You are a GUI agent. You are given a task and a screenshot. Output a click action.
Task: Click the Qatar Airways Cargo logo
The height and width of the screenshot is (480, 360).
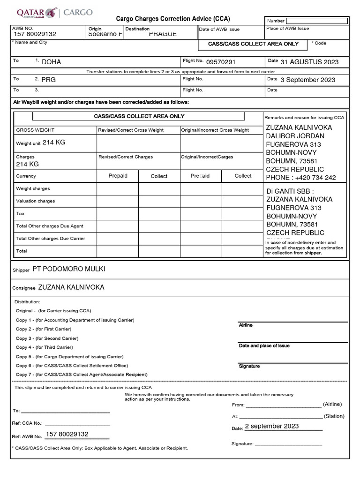54,13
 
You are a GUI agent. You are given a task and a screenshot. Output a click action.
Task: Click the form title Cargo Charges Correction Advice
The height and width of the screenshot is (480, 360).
173,19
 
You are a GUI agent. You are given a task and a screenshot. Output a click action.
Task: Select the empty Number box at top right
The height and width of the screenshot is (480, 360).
317,21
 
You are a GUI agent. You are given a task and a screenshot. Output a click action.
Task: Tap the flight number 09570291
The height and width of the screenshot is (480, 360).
221,62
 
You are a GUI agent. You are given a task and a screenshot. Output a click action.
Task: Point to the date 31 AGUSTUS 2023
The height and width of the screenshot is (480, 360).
309,62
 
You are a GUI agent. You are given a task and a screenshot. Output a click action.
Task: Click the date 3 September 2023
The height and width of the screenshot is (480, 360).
308,80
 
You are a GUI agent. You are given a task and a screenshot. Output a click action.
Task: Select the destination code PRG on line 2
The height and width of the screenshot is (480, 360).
48,80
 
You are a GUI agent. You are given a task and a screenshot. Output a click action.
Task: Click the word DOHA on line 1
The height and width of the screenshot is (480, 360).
52,62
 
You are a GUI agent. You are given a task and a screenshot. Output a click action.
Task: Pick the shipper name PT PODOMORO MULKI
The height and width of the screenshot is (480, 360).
69,269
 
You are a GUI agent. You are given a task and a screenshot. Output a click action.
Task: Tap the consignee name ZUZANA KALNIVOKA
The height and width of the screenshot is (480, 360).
71,287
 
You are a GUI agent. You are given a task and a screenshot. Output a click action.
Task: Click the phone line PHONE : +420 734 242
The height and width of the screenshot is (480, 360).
301,178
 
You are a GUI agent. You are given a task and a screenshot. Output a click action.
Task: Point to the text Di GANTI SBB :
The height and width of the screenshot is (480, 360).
290,191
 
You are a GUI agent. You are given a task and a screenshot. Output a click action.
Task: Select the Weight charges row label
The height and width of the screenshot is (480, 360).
33,188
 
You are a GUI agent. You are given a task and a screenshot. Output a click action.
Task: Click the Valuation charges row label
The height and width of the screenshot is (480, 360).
36,201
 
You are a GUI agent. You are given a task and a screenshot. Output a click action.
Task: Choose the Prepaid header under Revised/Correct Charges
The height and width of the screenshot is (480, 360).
118,176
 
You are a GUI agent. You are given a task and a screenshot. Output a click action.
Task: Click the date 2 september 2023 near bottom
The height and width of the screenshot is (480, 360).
272,426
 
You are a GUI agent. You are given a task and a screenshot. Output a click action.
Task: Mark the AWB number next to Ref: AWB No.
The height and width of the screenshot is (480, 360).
67,434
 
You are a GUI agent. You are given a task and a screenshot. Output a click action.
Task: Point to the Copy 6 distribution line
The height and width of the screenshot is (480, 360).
72,366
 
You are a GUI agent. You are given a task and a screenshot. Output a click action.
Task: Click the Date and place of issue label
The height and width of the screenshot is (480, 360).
264,345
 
